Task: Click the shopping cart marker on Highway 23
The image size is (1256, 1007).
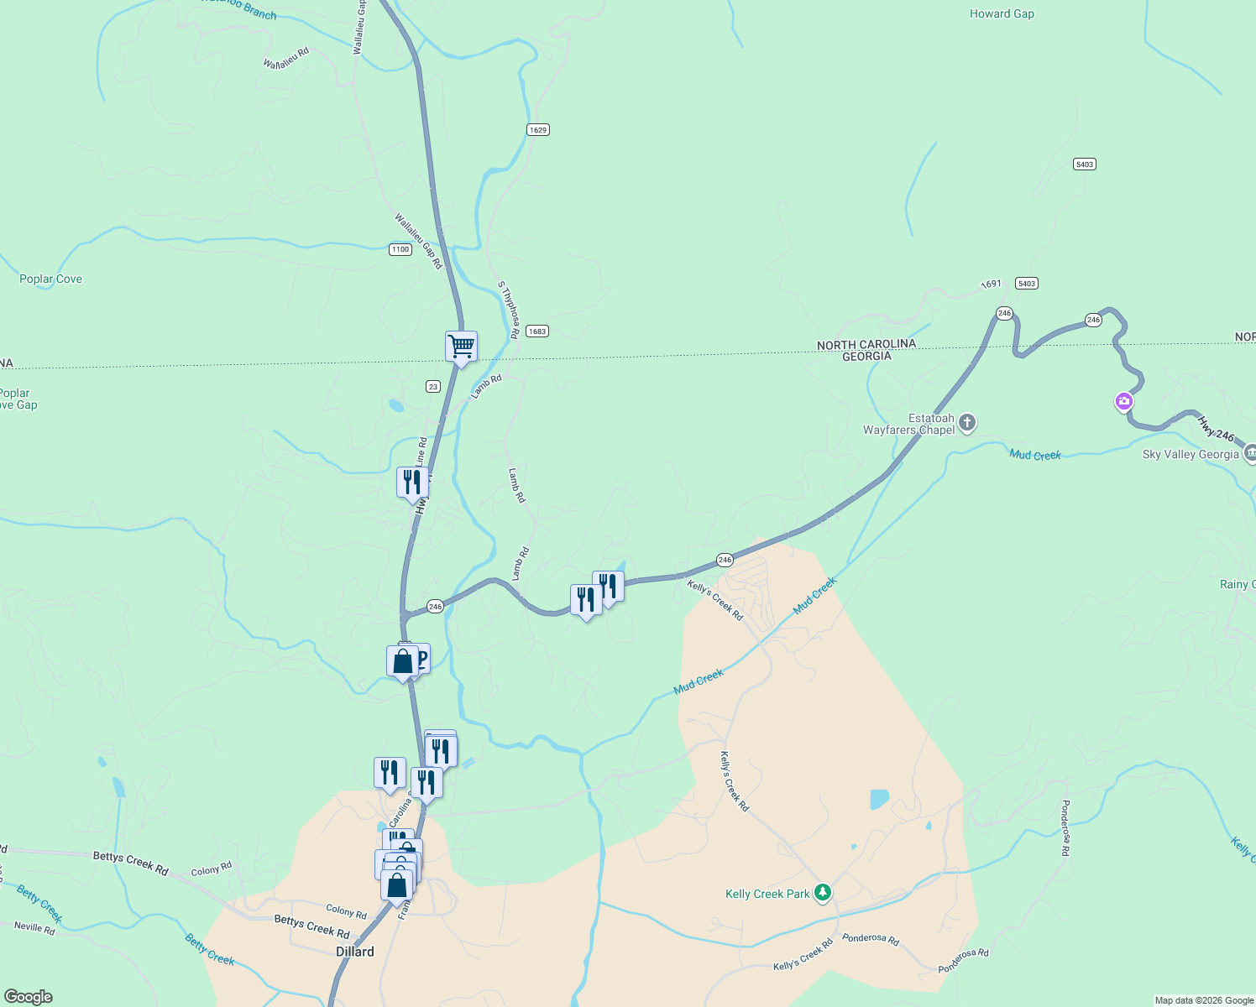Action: [461, 346]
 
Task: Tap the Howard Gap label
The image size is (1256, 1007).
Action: [1002, 13]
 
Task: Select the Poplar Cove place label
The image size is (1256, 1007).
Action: [50, 279]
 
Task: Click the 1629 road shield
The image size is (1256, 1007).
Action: [538, 129]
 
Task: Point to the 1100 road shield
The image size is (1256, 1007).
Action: [400, 249]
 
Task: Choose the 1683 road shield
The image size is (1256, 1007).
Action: [537, 331]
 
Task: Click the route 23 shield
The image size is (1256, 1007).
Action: [432, 386]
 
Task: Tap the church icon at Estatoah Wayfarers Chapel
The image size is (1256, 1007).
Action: [967, 423]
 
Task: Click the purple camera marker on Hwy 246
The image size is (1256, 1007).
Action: [1124, 401]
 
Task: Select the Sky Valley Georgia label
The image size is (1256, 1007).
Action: [1190, 454]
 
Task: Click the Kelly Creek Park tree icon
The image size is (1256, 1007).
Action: [823, 893]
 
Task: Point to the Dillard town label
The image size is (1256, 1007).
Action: [355, 952]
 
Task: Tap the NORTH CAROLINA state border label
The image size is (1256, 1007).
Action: [866, 344]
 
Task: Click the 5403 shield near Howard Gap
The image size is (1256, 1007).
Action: [1085, 164]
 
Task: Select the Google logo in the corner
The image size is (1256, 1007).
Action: [28, 997]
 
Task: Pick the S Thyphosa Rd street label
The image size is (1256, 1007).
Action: [509, 310]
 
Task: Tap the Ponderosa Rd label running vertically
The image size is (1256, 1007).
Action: [1065, 827]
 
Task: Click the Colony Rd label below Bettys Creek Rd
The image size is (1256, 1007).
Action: [346, 911]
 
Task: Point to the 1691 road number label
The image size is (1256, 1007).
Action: [992, 284]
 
